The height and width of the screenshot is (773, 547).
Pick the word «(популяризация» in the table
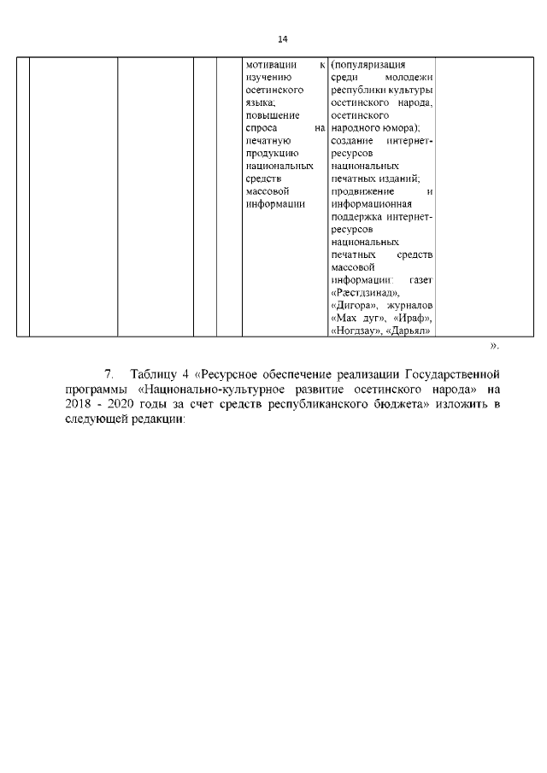(368, 64)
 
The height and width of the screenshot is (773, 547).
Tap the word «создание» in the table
(352, 140)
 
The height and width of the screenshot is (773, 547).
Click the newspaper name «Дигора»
(352, 305)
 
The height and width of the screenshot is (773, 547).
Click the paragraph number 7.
(109, 374)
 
